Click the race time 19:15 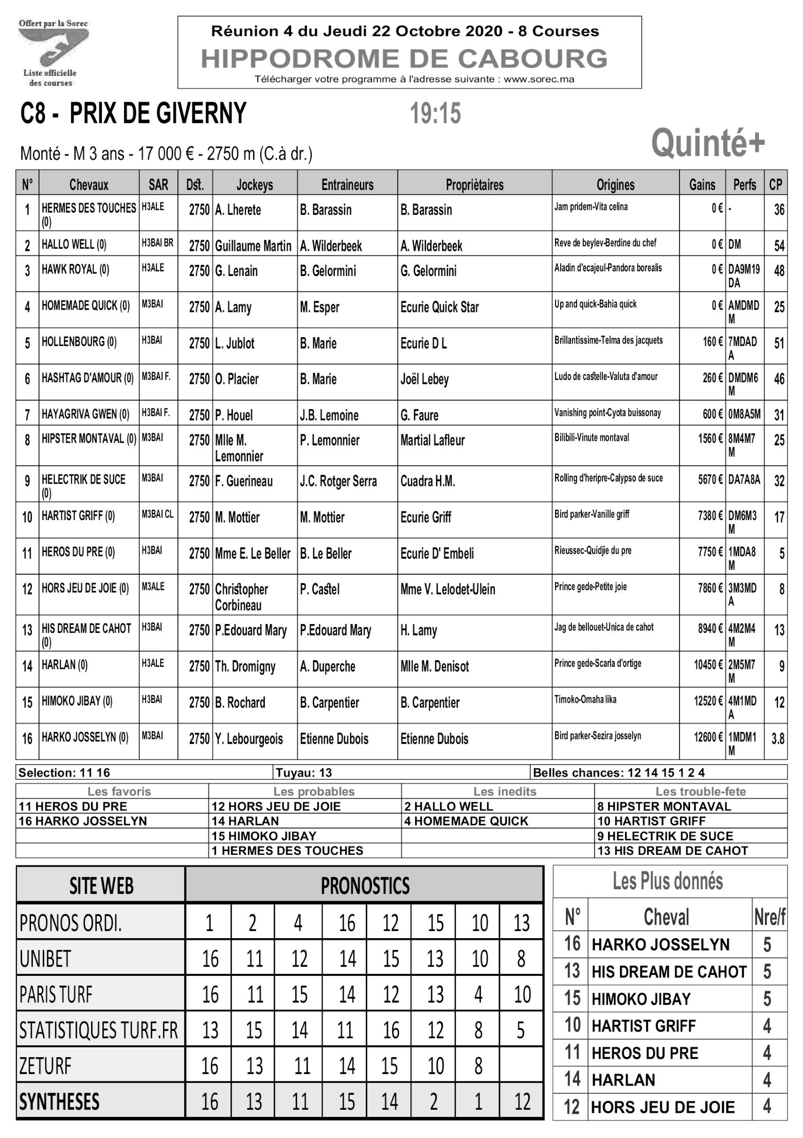click(x=435, y=114)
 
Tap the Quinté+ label click(x=708, y=143)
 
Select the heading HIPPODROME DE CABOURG click(x=404, y=59)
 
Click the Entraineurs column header click(x=347, y=184)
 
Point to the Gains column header click(x=702, y=184)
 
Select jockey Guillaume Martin click(x=253, y=246)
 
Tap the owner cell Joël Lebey click(x=425, y=380)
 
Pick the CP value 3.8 click(x=777, y=739)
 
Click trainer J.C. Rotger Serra click(x=338, y=481)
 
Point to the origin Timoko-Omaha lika click(x=585, y=699)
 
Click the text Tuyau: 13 click(x=304, y=772)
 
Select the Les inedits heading click(x=504, y=791)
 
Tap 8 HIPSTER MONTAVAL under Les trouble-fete click(x=664, y=806)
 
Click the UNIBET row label click(x=45, y=959)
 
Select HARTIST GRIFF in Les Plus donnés click(x=643, y=1026)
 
